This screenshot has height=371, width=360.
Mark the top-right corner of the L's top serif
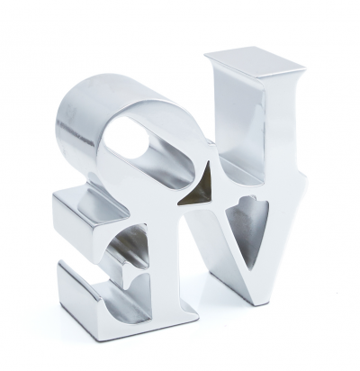305,68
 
